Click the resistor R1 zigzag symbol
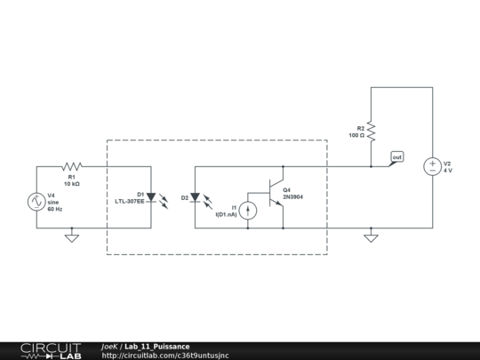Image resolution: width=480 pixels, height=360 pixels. click(71, 166)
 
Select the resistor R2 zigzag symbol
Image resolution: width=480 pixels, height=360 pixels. click(372, 132)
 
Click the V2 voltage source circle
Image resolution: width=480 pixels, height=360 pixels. click(432, 166)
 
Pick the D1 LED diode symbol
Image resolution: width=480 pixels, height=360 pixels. click(151, 197)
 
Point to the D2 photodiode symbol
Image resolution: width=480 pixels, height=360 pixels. click(196, 197)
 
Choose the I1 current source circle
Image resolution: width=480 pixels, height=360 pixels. click(249, 210)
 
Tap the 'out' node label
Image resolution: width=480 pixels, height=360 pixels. click(396, 157)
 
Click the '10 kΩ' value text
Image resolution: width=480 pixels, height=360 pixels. click(72, 184)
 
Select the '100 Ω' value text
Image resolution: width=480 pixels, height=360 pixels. click(356, 135)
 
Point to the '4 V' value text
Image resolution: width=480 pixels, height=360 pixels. click(448, 170)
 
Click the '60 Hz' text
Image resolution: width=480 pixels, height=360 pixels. click(55, 209)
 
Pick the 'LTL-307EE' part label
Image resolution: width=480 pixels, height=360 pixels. click(130, 201)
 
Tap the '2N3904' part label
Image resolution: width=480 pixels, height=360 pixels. click(293, 197)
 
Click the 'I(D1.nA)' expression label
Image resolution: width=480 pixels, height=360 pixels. click(227, 214)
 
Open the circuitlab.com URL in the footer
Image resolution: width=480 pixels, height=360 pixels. click(165, 356)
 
